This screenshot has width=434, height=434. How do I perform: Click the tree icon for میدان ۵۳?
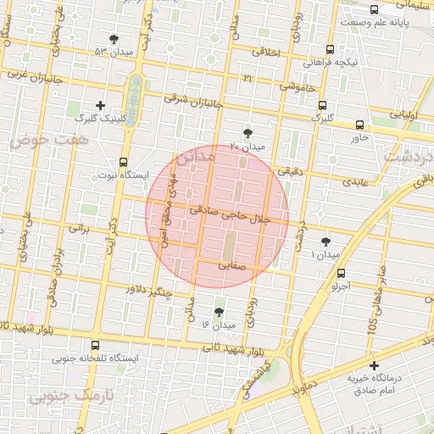pyautogui.click(x=114, y=39)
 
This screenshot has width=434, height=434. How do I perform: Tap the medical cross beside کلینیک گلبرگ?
pyautogui.click(x=100, y=106)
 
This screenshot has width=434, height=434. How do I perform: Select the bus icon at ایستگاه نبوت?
pyautogui.click(x=124, y=161)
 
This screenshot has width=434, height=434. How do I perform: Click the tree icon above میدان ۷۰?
pyautogui.click(x=248, y=133)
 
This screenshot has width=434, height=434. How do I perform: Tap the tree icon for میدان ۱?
pyautogui.click(x=325, y=242)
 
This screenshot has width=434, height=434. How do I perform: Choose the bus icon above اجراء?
pyautogui.click(x=341, y=273)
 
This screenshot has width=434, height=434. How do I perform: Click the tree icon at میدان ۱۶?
pyautogui.click(x=220, y=312)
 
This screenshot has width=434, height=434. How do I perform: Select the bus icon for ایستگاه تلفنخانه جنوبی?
pyautogui.click(x=94, y=345)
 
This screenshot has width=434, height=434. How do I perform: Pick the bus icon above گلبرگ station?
pyautogui.click(x=322, y=105)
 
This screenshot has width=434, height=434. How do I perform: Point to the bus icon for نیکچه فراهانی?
pyautogui.click(x=329, y=49)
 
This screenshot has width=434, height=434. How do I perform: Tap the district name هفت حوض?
pyautogui.click(x=38, y=139)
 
